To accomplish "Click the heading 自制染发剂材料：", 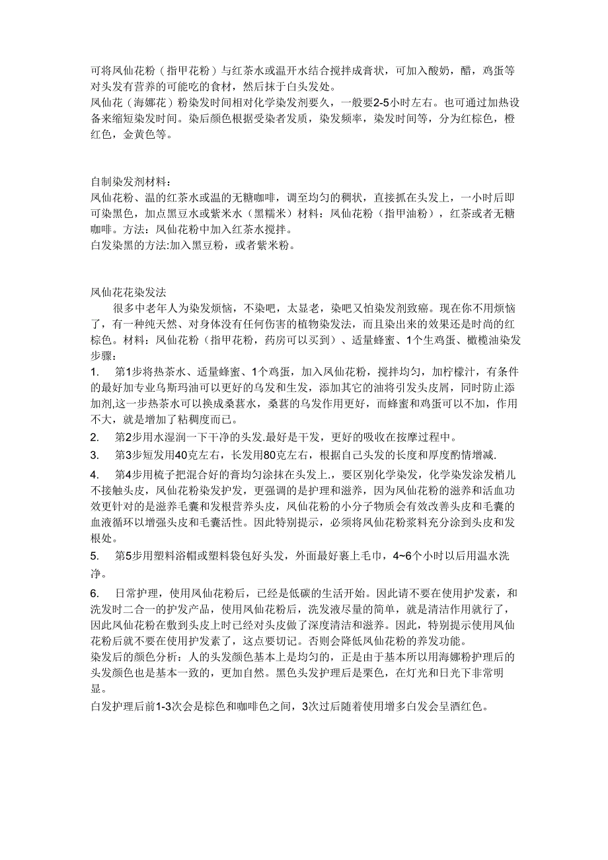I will coord(130,181).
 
